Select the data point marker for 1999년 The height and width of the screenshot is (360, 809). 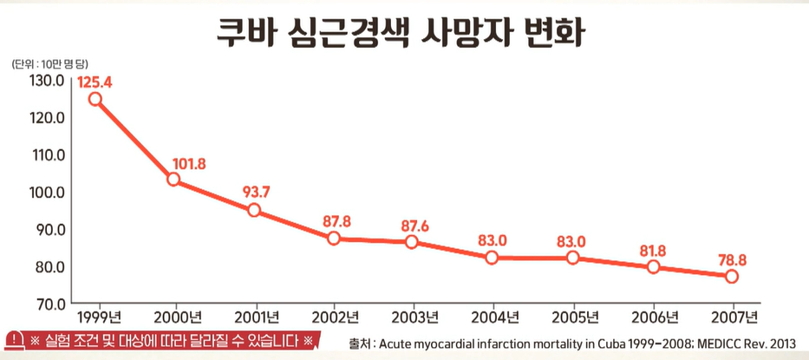point(95,99)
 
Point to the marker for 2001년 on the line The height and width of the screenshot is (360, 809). point(254,210)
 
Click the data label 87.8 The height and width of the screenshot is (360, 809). point(336,221)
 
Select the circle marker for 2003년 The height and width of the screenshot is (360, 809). point(412,241)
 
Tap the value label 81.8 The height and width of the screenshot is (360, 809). point(652,251)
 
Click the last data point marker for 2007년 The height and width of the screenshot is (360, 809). point(732,276)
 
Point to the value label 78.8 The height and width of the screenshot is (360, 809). point(733,259)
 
